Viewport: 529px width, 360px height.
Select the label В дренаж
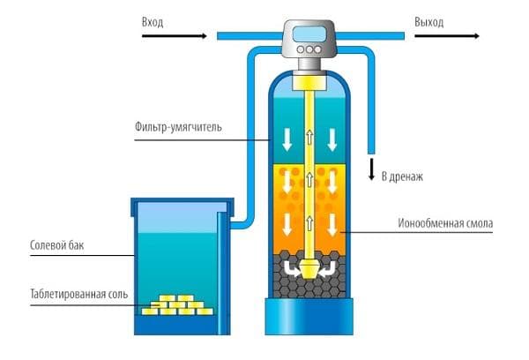point(403,176)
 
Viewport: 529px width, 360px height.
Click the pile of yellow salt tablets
point(182,304)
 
